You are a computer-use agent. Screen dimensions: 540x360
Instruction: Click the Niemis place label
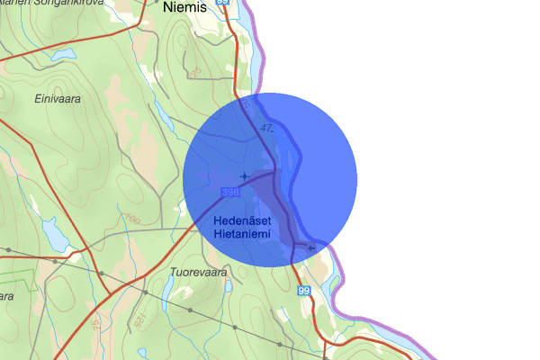(186, 7)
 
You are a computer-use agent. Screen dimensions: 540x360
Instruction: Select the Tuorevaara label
(196, 271)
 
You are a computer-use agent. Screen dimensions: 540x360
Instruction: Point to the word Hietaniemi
(243, 234)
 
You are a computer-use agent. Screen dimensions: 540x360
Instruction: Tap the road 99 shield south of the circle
(303, 290)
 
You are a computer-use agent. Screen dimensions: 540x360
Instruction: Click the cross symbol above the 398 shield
(244, 175)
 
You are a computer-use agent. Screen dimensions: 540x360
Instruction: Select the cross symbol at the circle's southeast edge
(311, 247)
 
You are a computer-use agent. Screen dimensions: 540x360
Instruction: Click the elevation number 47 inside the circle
(266, 129)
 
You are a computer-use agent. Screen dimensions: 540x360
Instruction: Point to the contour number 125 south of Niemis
(194, 71)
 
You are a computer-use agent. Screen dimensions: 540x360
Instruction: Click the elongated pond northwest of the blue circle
(165, 114)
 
